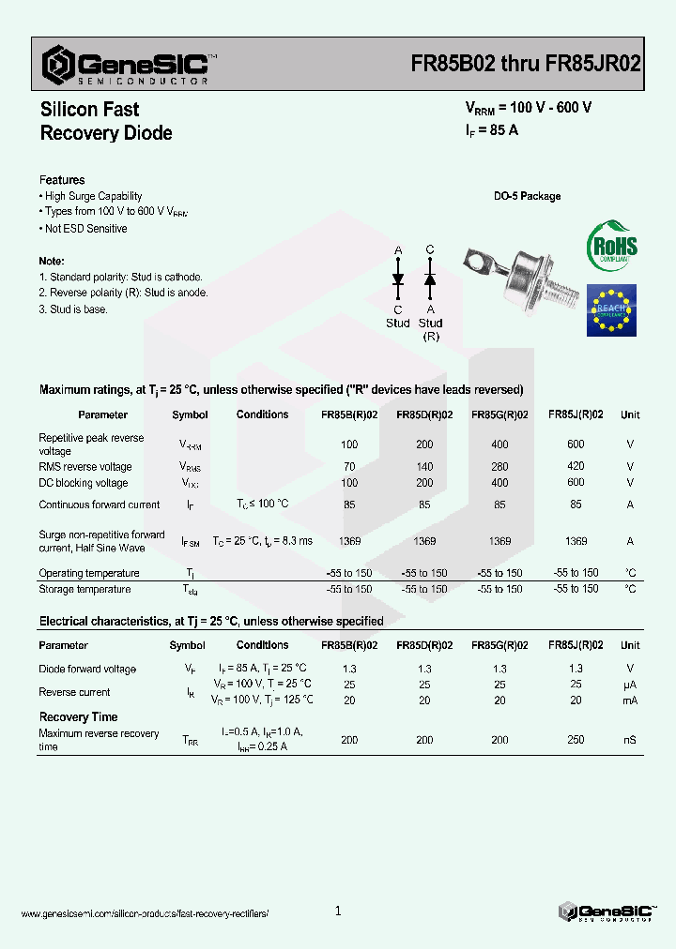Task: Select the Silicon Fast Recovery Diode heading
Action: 106,121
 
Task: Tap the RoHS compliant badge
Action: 611,247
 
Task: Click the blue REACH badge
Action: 611,310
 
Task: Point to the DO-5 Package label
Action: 527,196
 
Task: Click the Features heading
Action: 62,180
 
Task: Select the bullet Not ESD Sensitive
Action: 84,229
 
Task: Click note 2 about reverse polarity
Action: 123,293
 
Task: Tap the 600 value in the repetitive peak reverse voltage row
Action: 576,444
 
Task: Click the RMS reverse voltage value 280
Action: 499,466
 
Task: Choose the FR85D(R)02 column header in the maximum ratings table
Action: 424,414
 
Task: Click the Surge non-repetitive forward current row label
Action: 101,541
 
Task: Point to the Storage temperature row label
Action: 84,589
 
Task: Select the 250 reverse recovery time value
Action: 576,740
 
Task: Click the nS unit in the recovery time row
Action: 629,740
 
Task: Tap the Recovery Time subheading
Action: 78,717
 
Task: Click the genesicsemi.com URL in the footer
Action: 145,913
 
